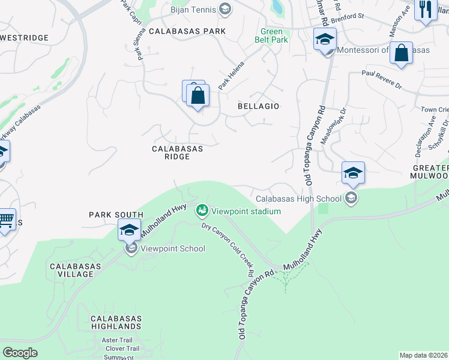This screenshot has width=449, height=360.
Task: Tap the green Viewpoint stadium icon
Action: [x=202, y=211]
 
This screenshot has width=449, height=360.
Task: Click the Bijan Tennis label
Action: [x=194, y=8]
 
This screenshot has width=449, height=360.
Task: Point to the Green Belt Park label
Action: [x=274, y=36]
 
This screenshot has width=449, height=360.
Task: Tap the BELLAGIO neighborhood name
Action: [x=259, y=106]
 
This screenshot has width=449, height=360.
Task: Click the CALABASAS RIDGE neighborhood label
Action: [x=177, y=152]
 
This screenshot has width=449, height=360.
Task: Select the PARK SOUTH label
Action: [x=116, y=215]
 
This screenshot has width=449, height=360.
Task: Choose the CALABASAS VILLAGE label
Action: [x=71, y=270]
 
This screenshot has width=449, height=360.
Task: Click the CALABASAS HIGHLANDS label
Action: [x=116, y=322]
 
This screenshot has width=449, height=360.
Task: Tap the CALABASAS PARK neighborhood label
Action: [x=187, y=31]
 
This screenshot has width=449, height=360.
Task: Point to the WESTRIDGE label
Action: [x=25, y=38]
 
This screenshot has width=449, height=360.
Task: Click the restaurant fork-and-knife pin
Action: [x=426, y=10]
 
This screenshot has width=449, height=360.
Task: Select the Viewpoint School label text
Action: [x=173, y=248]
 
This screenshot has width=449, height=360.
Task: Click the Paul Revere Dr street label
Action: [x=381, y=79]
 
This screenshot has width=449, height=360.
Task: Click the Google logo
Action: [x=20, y=353]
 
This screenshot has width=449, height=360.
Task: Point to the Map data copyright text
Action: [x=424, y=355]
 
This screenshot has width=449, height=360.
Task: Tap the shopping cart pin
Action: [x=5, y=220]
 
